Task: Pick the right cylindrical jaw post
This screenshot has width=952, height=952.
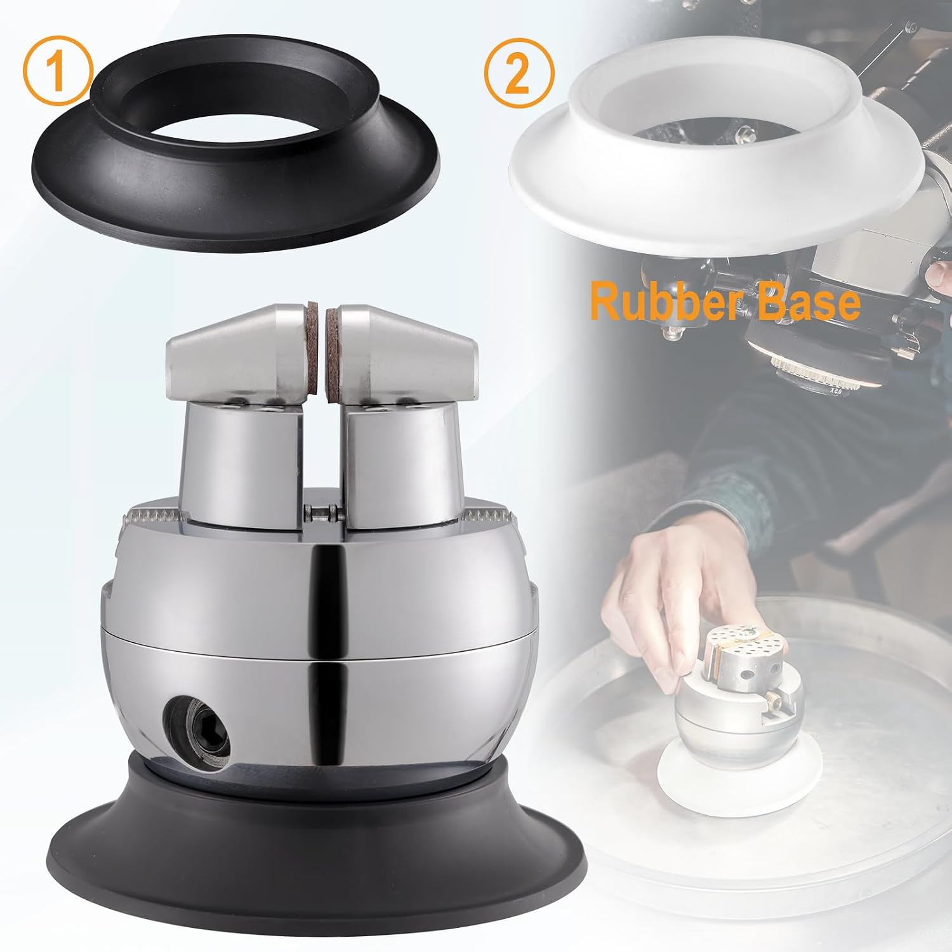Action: pos(402,463)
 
